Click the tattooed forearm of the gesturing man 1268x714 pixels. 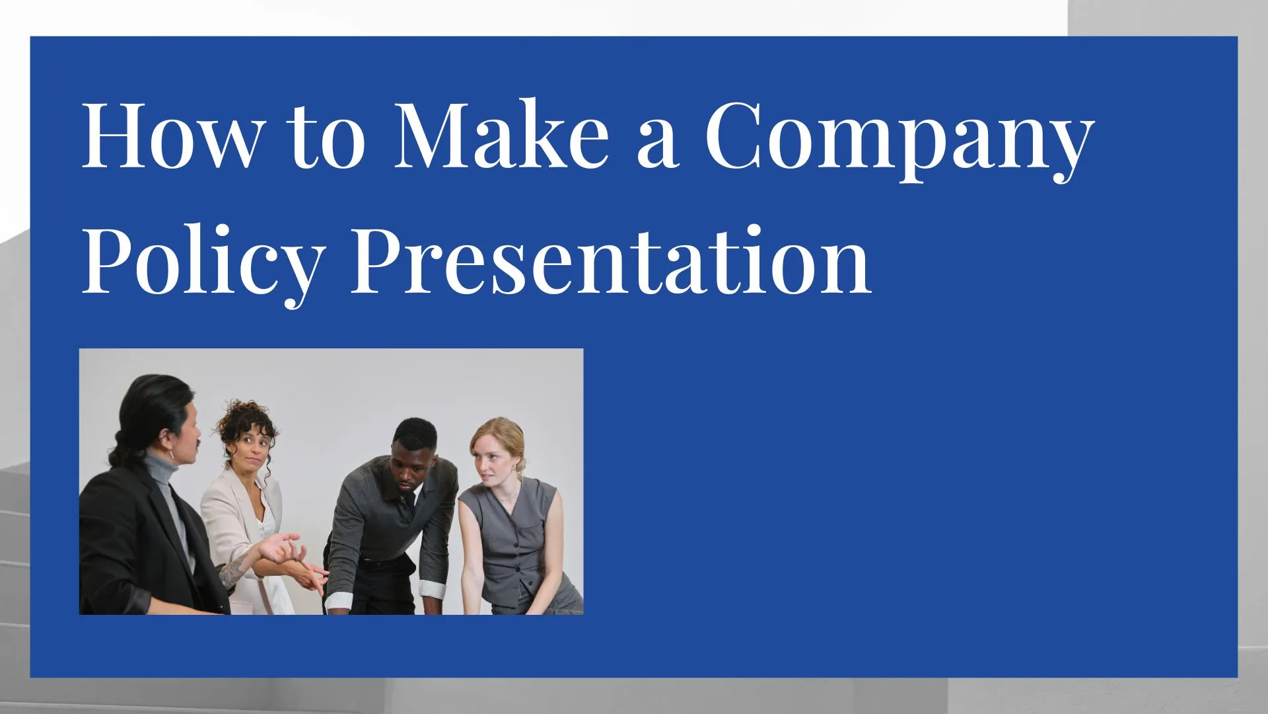234,569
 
